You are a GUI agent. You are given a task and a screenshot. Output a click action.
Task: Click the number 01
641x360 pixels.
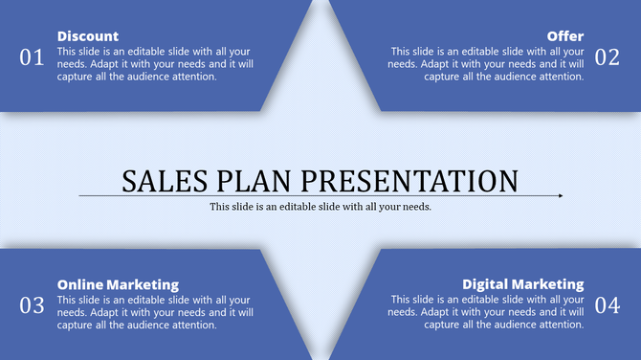[x=32, y=57]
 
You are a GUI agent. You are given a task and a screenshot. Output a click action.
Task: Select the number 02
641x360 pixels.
[x=608, y=57]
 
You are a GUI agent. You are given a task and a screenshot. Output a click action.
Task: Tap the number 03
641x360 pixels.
[x=32, y=305]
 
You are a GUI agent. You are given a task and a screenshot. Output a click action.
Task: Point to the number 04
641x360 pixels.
[x=608, y=305]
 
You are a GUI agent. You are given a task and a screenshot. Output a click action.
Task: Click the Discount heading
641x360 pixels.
[x=88, y=36]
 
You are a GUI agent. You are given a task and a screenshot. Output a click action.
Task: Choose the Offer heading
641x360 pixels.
[x=565, y=36]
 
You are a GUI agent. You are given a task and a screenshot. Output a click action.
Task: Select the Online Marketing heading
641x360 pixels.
[x=118, y=284]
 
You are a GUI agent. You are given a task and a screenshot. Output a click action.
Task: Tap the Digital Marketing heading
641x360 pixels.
[x=522, y=284]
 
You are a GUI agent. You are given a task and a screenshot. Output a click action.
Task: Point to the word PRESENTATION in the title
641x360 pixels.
[x=410, y=180]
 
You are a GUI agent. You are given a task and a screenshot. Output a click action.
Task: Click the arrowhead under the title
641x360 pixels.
[x=560, y=196]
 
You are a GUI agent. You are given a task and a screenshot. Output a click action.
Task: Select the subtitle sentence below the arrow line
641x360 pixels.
[x=320, y=207]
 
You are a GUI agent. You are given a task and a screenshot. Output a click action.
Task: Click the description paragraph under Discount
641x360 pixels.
[x=155, y=64]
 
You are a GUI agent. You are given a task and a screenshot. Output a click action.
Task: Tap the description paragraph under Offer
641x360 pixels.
[x=486, y=64]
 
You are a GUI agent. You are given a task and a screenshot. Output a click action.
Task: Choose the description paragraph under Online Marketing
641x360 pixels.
[x=155, y=312]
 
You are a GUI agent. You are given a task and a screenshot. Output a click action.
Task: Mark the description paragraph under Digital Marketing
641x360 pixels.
[x=486, y=312]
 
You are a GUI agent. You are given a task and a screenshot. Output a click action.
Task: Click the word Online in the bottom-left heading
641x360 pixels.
[x=79, y=284]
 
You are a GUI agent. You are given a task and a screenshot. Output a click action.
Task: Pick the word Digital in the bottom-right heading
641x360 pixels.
[x=486, y=284]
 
